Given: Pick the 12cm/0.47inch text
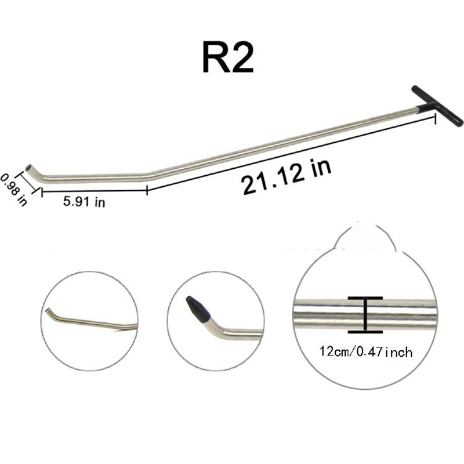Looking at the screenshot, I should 365,351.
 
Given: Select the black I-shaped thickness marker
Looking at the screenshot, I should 365,315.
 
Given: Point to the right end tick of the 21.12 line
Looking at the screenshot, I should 435,118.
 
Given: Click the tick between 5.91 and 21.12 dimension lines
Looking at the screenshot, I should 147,189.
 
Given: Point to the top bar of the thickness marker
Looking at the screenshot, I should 365,298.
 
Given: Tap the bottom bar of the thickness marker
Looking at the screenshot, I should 365,332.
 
